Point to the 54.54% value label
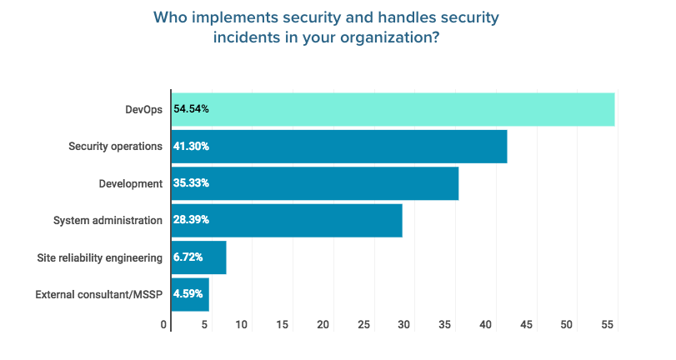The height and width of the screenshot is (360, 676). click(x=191, y=109)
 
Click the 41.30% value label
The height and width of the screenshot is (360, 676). click(x=191, y=146)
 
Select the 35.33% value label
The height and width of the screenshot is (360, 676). click(x=191, y=183)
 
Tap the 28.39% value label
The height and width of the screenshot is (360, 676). click(x=191, y=220)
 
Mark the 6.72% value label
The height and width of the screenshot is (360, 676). click(x=188, y=257)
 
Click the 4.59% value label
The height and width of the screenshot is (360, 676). click(x=188, y=294)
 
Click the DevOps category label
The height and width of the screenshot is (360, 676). click(x=143, y=109)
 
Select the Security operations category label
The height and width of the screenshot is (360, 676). click(x=115, y=146)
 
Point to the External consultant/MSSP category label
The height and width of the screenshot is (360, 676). click(x=99, y=294)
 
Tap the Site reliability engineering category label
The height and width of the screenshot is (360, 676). click(x=100, y=257)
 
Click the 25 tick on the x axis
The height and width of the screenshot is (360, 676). click(x=363, y=325)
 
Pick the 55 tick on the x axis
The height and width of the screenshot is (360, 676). click(x=607, y=325)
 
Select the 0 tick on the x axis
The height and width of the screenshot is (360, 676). click(x=165, y=325)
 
